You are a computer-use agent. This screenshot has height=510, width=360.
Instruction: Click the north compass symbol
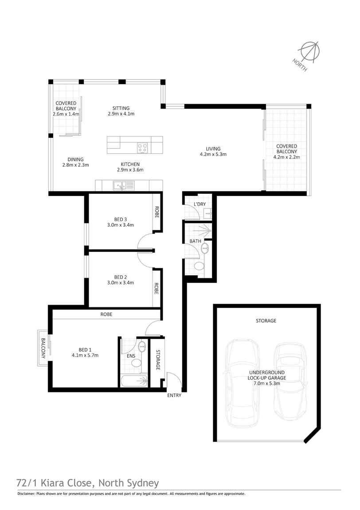click(309, 52)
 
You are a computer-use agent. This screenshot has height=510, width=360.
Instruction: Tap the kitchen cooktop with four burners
click(142, 148)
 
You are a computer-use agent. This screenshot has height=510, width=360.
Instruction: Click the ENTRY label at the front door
click(174, 396)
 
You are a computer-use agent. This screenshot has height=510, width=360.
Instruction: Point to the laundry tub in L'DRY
click(207, 214)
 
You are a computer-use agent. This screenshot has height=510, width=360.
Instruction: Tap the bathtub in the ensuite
click(134, 381)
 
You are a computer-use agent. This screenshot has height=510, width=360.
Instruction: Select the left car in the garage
click(242, 384)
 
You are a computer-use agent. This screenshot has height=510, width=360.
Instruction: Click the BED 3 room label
click(120, 220)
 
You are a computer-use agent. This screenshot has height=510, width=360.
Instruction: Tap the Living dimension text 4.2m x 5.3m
click(213, 154)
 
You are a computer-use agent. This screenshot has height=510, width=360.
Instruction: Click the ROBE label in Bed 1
click(106, 314)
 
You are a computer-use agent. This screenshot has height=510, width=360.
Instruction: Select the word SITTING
click(121, 108)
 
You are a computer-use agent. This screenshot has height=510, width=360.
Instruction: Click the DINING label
click(75, 159)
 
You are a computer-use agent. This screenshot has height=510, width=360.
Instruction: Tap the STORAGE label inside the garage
click(266, 321)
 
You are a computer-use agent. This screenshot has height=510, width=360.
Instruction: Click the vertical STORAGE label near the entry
click(158, 360)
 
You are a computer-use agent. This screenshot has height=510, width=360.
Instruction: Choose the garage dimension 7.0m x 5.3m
click(266, 383)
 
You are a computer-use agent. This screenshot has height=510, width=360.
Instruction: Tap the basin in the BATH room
click(205, 249)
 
